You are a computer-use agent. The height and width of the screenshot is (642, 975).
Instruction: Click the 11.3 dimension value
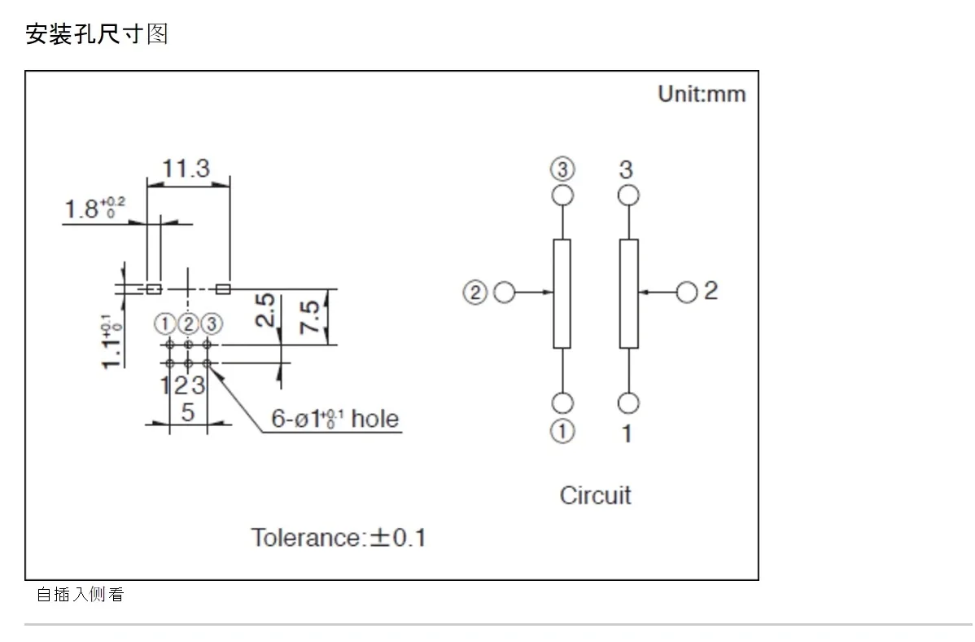click(186, 168)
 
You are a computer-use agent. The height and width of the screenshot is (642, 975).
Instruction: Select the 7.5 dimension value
click(309, 316)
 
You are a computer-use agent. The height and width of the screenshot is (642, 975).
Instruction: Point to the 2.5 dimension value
click(265, 310)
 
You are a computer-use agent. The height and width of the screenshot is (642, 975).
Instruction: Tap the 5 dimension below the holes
click(188, 412)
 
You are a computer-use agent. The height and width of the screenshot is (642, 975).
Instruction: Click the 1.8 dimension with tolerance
click(94, 208)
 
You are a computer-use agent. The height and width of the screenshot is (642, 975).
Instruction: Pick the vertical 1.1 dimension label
click(111, 341)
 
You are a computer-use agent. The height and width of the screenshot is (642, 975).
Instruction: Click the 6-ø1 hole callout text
click(334, 419)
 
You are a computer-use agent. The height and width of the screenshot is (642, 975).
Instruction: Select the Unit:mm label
click(702, 94)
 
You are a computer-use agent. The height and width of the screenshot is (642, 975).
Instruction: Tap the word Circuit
click(595, 495)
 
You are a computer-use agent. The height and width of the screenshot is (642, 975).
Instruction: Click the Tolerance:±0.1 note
click(339, 538)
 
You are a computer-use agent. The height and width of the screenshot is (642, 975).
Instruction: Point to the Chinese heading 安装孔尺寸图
click(96, 33)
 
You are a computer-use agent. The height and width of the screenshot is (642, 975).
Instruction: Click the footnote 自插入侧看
click(81, 595)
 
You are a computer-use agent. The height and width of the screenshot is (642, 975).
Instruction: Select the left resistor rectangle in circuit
click(562, 294)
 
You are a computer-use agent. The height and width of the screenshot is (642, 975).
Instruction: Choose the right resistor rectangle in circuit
click(628, 294)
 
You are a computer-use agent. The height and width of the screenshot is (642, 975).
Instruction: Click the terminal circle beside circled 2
click(505, 292)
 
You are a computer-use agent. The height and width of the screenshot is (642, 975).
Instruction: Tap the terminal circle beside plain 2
click(686, 292)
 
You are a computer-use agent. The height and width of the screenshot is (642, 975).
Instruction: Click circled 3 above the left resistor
click(562, 169)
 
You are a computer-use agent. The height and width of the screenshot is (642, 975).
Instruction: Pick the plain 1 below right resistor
click(627, 433)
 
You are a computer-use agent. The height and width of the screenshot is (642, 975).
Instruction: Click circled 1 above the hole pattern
click(164, 323)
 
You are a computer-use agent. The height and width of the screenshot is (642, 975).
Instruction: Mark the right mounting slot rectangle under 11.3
click(223, 289)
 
